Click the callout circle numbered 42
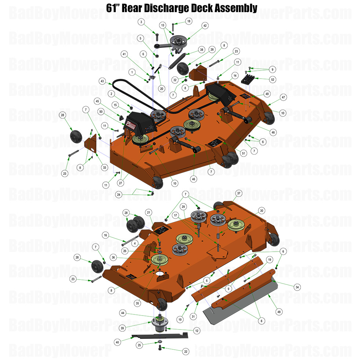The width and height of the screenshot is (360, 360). coord(205,26)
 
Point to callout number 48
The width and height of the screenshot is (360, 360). coord(279,312)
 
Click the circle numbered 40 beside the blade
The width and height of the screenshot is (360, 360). coord(117,342)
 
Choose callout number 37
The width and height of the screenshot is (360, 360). coord(239,193)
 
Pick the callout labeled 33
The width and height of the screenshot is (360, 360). coord(105,168)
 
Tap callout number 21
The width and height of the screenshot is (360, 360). coord(149,212)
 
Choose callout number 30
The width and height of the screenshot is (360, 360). coord(262,210)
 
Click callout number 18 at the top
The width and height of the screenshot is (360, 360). coord(189,21)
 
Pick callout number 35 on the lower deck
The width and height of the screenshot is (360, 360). coord(137,303)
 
